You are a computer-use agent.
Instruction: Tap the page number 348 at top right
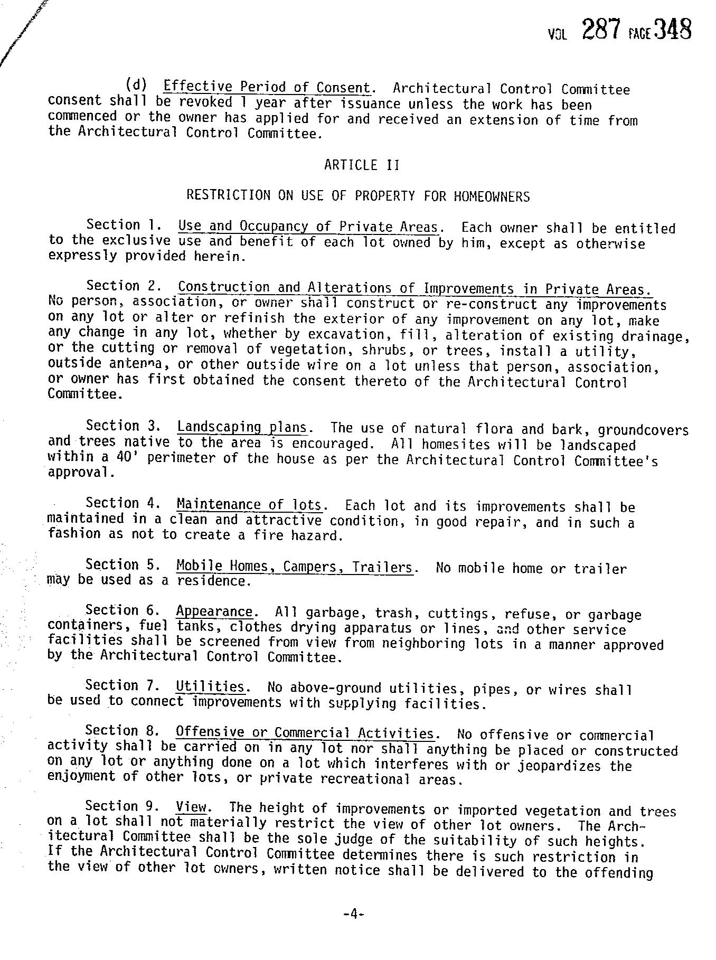point(673,30)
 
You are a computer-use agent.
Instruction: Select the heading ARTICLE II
point(362,165)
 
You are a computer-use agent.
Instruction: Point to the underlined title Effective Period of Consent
point(266,87)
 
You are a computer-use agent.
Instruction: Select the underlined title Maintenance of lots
point(249,505)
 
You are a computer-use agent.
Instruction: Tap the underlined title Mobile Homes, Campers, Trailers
point(295,567)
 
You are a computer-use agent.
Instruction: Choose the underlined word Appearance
point(214,611)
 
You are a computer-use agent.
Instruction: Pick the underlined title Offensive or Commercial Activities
point(306,733)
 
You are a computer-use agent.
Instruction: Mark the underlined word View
point(192,807)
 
